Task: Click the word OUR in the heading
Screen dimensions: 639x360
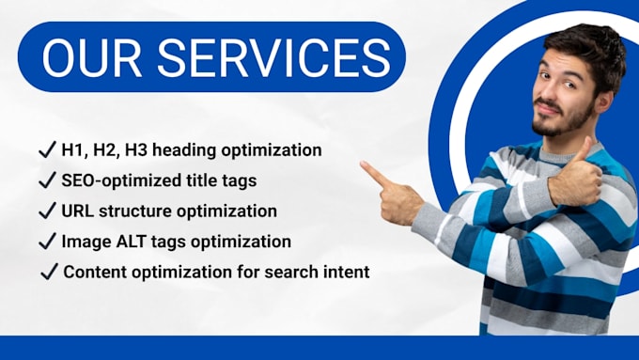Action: point(92,58)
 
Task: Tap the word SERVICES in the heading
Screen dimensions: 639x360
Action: point(273,58)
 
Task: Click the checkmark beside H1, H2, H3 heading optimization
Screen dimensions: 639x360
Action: point(47,149)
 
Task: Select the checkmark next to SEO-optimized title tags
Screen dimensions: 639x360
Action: point(47,180)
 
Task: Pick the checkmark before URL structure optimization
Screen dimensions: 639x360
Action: point(47,211)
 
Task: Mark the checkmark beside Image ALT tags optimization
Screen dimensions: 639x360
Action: point(47,241)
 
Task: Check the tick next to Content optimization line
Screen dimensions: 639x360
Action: point(49,272)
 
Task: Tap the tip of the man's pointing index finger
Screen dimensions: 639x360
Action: point(363,164)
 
